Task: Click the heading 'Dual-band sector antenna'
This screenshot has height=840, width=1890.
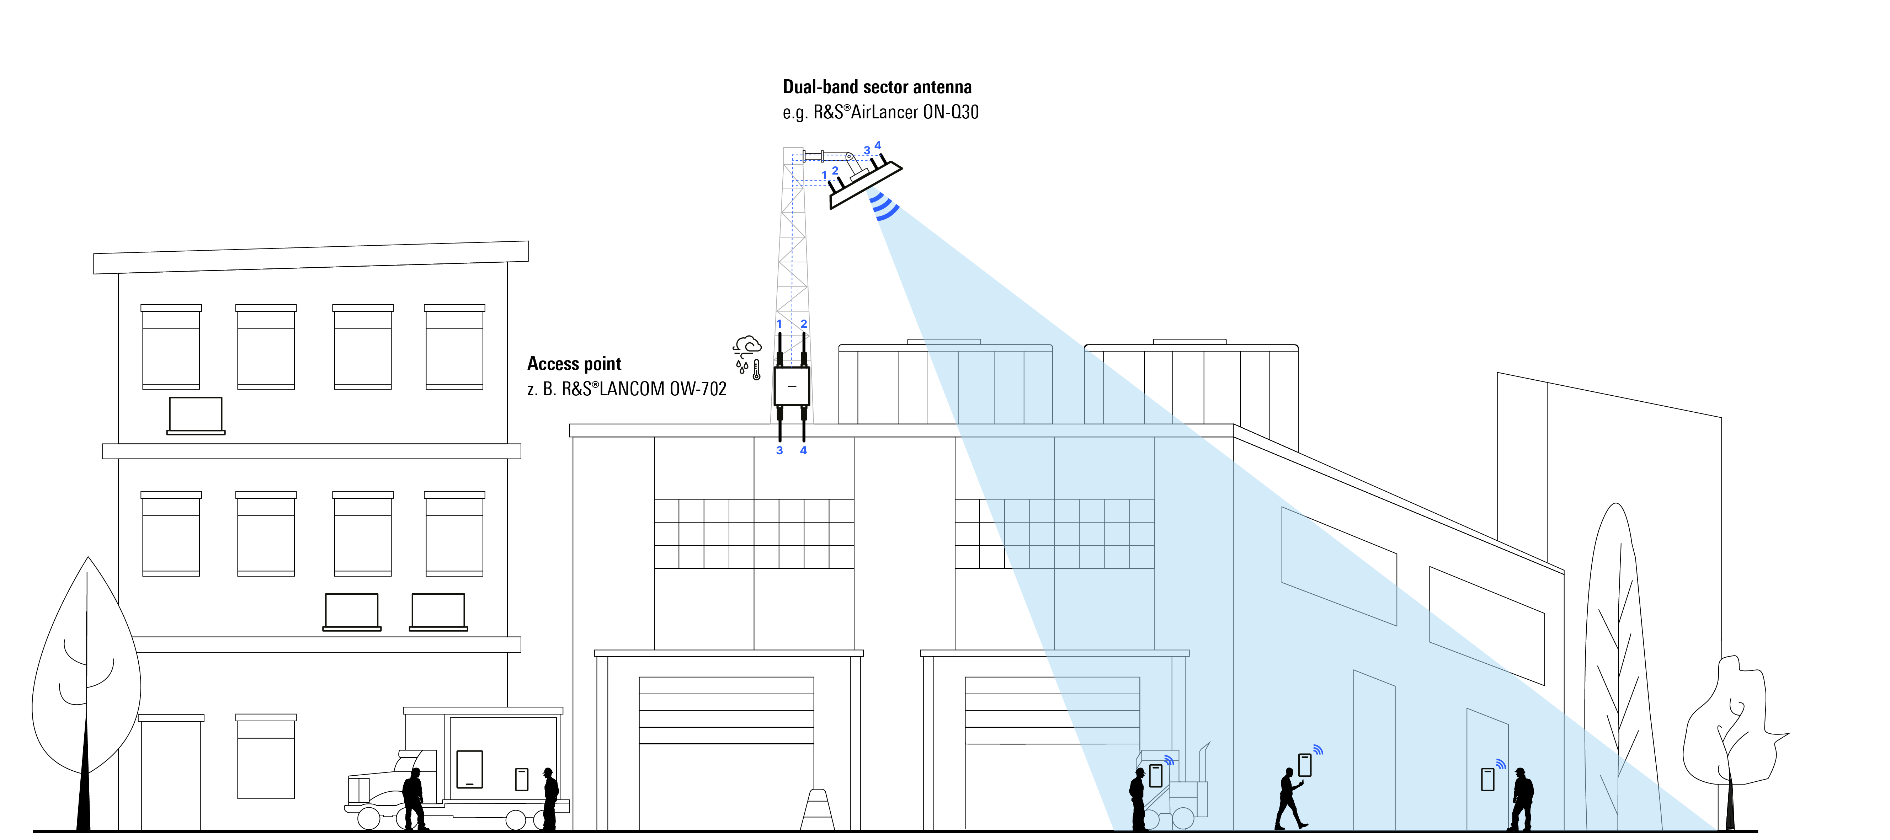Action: click(x=877, y=87)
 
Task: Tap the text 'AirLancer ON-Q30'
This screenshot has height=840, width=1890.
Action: click(x=914, y=112)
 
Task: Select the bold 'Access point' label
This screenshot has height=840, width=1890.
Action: click(x=574, y=364)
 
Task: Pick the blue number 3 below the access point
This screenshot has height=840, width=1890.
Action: click(x=779, y=450)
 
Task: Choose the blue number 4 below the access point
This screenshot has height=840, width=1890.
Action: click(x=803, y=450)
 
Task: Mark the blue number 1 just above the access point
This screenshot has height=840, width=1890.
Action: click(x=779, y=323)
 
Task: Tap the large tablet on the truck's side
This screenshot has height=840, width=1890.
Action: click(x=469, y=769)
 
